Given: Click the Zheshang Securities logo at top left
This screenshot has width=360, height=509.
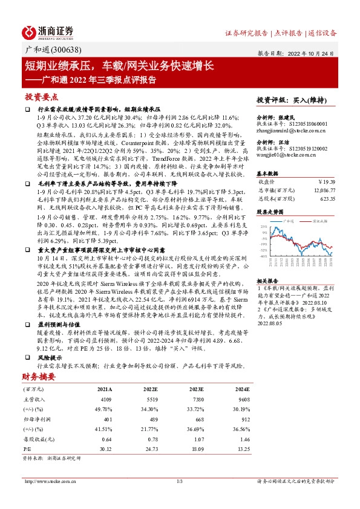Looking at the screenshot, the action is tap(48, 32).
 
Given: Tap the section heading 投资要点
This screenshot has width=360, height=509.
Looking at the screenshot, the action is tap(41, 97).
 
